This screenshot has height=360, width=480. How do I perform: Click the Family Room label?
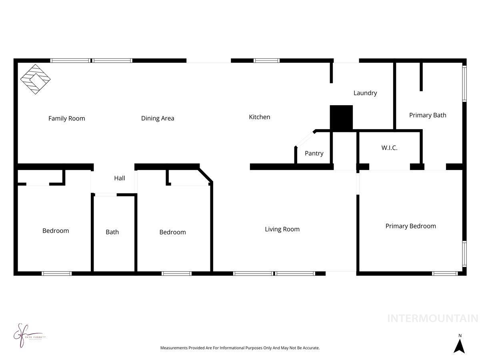coord(66,118)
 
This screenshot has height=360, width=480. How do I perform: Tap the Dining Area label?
coord(158,118)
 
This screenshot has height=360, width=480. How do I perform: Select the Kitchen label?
coord(260,117)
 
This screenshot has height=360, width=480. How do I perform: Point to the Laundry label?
coord(365,93)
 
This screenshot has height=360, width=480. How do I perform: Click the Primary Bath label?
coord(428,115)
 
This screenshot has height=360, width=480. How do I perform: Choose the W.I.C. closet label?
coord(389,148)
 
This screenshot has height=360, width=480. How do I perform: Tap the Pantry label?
coord(314,153)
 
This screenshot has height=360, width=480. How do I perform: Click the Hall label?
coord(120,178)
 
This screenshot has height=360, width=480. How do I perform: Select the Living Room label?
coord(282,229)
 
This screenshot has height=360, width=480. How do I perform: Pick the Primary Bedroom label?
coord(410,226)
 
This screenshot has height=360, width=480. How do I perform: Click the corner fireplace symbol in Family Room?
coord(35,79)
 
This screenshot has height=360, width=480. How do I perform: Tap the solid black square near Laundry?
coord(341,118)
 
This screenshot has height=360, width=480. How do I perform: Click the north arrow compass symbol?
coord(460,344)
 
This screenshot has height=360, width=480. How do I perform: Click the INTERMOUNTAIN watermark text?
coord(432,318)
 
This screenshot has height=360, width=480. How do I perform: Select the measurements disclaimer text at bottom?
coord(240,348)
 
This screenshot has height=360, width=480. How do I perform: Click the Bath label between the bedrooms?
coord(112,232)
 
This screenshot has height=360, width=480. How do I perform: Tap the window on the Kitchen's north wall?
coord(266,61)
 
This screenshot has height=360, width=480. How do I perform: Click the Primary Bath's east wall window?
coord(464,83)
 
